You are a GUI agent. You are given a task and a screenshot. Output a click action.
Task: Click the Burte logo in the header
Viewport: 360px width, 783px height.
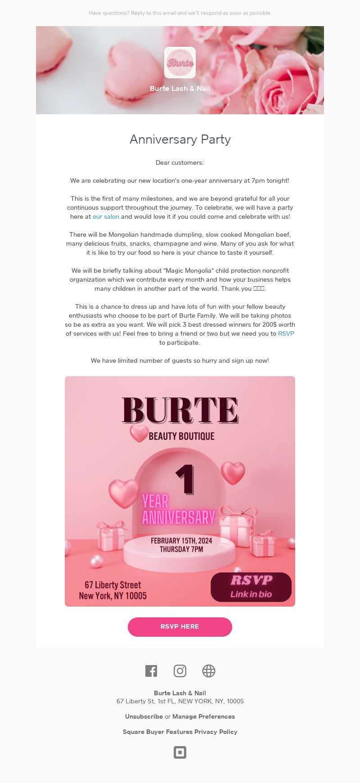point(180,63)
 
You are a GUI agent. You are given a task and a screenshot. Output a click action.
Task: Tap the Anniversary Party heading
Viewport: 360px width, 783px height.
point(180,139)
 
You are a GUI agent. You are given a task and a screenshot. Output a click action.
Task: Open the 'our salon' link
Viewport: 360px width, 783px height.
point(106,216)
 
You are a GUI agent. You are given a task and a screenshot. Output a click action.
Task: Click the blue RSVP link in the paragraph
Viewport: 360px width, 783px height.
point(286,333)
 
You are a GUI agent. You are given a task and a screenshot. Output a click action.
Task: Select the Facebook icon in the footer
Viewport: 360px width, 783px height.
point(151,671)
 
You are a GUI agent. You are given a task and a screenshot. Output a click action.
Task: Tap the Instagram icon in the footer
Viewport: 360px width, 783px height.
point(180,671)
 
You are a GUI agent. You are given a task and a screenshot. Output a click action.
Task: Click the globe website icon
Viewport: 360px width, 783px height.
point(209,671)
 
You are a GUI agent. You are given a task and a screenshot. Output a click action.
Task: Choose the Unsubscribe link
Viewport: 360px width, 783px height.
point(144,716)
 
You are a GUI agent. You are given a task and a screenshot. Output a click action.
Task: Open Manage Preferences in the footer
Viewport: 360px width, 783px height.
point(203,716)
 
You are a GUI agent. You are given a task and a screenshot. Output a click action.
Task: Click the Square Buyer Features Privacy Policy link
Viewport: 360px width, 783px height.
point(180,732)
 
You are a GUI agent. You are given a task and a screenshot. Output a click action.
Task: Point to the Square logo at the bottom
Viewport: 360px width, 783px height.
point(180,752)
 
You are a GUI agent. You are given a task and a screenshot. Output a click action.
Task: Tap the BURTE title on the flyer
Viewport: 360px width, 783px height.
point(180,410)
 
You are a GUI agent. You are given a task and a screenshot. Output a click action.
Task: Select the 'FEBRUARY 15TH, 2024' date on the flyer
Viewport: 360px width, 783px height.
point(181,540)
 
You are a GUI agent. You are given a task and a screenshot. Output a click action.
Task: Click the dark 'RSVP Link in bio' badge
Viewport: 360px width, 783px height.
point(251,587)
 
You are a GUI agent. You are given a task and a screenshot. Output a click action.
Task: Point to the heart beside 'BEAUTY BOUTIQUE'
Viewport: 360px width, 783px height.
point(139,433)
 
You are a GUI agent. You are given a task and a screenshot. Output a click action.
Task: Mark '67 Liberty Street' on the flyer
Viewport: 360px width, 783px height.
point(113,585)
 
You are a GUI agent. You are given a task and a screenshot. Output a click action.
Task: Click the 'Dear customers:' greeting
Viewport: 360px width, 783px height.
point(180,162)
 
